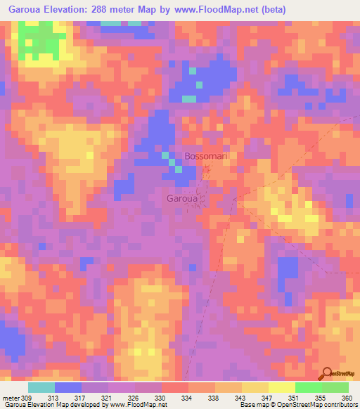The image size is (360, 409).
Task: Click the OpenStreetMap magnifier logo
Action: pos(326,373)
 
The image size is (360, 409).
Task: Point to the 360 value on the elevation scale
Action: pos(347,397)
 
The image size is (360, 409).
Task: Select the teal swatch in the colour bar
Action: pos(41,387)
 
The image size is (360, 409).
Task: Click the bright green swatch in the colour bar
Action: pos(309,387)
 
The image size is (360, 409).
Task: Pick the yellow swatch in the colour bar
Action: pos(255,387)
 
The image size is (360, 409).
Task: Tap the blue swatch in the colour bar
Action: pos(68,387)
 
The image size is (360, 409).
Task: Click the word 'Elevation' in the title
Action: pos(70,10)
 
